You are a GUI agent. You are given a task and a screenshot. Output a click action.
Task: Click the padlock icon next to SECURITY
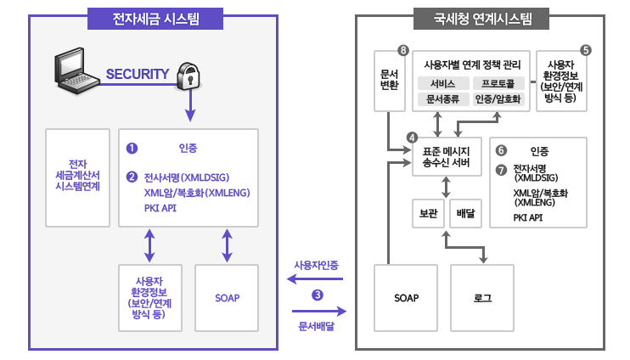tap(188, 76)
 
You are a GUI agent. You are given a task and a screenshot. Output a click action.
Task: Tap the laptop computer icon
tap(76, 70)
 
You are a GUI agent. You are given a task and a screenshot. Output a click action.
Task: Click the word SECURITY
tap(138, 74)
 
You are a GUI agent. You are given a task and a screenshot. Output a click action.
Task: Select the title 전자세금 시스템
tap(155, 19)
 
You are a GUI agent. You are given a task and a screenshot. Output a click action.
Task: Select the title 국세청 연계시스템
tap(481, 19)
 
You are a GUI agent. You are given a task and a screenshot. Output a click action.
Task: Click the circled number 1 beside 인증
tap(132, 149)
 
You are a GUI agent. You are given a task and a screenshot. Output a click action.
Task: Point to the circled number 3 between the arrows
tap(318, 295)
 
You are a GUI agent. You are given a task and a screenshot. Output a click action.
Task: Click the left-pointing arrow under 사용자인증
tap(315, 278)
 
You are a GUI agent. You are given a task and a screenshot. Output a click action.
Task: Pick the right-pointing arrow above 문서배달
tap(319, 311)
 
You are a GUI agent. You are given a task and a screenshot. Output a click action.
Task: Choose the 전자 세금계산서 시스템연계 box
tap(77, 178)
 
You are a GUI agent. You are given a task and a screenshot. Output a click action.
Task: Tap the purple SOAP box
tap(227, 298)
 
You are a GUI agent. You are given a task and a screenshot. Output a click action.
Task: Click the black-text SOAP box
tap(406, 298)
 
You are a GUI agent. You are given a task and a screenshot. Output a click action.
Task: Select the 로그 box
tap(482, 298)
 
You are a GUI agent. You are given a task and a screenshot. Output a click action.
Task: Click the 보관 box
tap(428, 213)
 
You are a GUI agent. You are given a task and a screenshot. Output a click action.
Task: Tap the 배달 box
tap(465, 213)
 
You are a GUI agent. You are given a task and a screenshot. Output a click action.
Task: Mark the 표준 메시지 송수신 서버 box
tap(447, 157)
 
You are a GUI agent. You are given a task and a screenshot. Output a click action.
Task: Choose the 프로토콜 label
tap(498, 83)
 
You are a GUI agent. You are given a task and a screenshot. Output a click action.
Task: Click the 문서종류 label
tap(443, 98)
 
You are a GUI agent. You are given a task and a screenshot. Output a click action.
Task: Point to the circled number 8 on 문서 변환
tap(403, 50)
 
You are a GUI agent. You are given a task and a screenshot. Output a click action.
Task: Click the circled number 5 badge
tap(586, 50)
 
